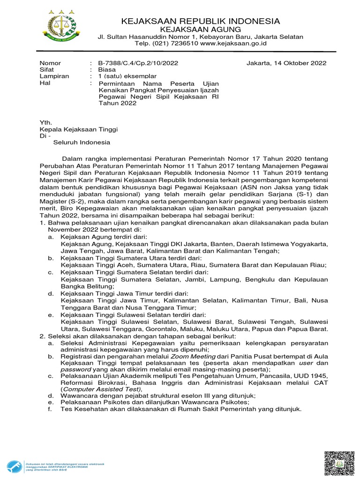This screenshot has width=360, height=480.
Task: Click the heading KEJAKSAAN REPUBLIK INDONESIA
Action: click(200, 22)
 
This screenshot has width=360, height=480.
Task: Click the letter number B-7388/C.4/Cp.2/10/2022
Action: click(138, 63)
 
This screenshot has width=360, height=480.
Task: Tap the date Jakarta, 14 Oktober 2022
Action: click(286, 63)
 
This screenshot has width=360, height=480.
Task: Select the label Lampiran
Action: click(54, 76)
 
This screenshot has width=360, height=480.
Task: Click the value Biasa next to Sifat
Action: click(107, 70)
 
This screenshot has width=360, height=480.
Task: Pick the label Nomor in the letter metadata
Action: click(50, 63)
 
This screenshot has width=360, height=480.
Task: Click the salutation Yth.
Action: click(45, 122)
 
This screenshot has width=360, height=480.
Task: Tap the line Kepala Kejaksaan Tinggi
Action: click(78, 129)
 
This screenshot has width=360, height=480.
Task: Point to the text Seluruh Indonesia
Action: click(81, 142)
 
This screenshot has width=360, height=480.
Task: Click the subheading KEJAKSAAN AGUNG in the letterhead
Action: click(200, 30)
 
